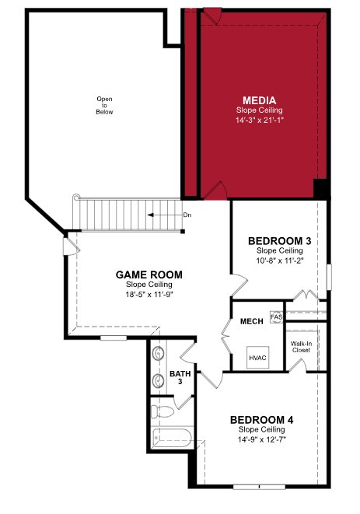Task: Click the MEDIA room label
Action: pos(260,100)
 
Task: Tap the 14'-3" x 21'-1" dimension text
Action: pos(260,120)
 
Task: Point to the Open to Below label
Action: pos(104,105)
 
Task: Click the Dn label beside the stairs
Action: pos(187,215)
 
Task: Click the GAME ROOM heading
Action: pos(149,274)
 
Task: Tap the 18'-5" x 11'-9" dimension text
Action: pos(149,294)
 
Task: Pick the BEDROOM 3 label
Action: pos(280,241)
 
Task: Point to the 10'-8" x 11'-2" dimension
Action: pos(280,260)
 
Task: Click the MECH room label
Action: pos(251,321)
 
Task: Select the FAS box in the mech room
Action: pos(276,317)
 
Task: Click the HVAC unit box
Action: pos(257,357)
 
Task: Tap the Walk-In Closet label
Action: pos(301,347)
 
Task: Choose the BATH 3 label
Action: pos(180,378)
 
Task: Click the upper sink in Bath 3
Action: pos(159,353)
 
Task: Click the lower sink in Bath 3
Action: pos(159,380)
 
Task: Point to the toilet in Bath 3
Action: pos(162,411)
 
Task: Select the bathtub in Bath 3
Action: pos(172,438)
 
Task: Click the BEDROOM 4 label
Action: pos(261,420)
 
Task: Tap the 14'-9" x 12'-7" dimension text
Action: pos(261,439)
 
